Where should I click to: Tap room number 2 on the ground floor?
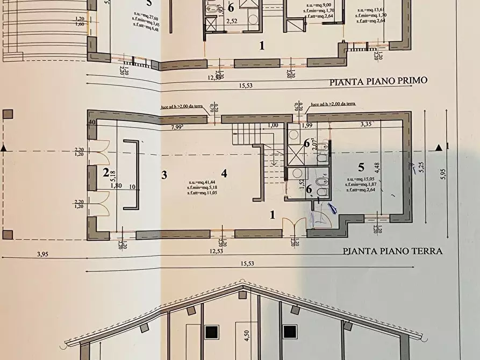click(x=106, y=172)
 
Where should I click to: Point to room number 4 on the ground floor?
click(x=224, y=173)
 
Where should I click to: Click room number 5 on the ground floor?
click(x=361, y=167)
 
